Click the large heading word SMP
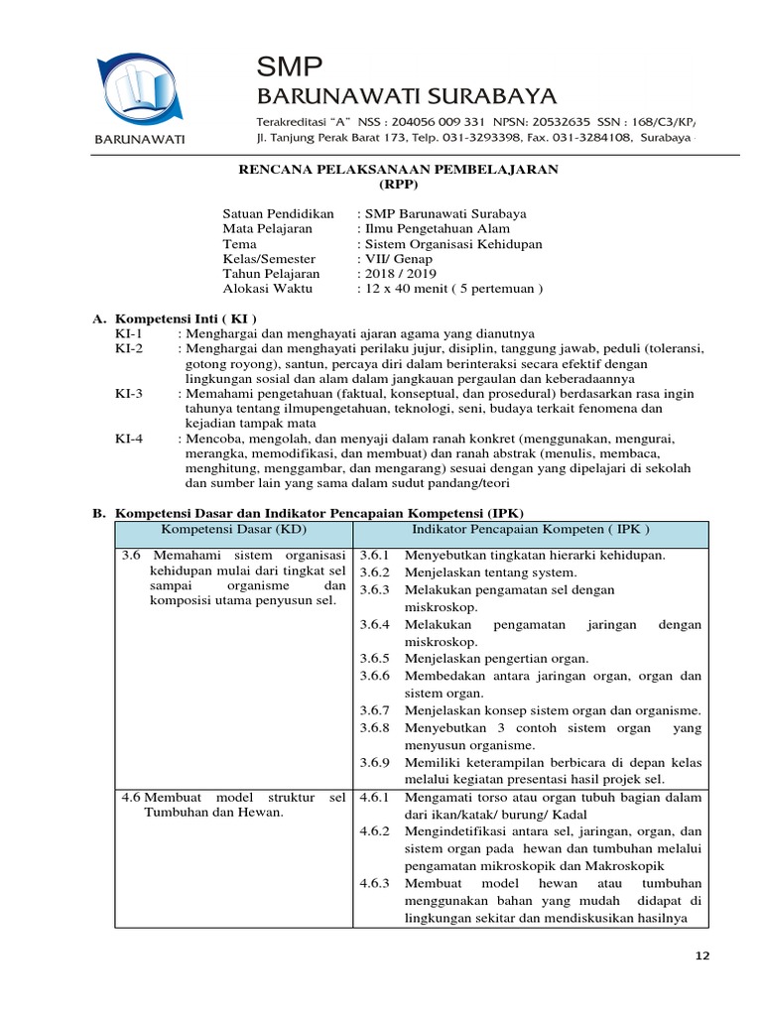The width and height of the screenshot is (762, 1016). [x=290, y=67]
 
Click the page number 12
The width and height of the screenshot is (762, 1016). [x=703, y=955]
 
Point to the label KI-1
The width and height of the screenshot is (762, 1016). [x=129, y=334]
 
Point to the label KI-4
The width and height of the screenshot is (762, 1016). [x=129, y=438]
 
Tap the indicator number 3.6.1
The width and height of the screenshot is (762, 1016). [x=376, y=556]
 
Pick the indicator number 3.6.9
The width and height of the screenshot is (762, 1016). [x=376, y=763]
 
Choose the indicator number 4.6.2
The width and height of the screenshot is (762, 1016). [x=376, y=831]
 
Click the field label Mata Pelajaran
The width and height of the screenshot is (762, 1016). [x=267, y=229]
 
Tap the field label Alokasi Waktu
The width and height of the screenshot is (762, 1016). [x=267, y=289]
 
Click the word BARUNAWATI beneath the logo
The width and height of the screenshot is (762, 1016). [x=140, y=139]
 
